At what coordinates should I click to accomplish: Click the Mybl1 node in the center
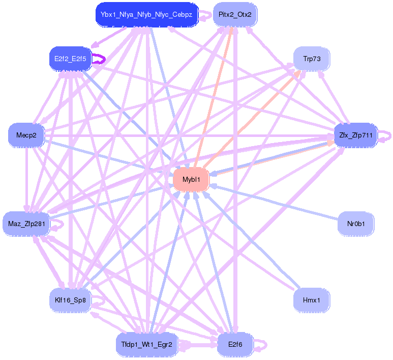[x=191, y=179]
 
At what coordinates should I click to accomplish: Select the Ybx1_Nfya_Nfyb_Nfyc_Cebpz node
[x=146, y=14]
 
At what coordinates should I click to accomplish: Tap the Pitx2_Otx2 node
[x=234, y=14]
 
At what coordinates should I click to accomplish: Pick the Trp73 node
[x=312, y=59]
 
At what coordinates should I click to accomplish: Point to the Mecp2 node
[x=26, y=135]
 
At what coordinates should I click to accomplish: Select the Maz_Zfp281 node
[x=26, y=223]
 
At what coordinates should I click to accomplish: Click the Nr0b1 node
[x=356, y=223]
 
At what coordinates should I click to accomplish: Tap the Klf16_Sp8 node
[x=70, y=299]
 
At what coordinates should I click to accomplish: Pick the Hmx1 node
[x=312, y=299]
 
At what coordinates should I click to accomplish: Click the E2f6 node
[x=235, y=344]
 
